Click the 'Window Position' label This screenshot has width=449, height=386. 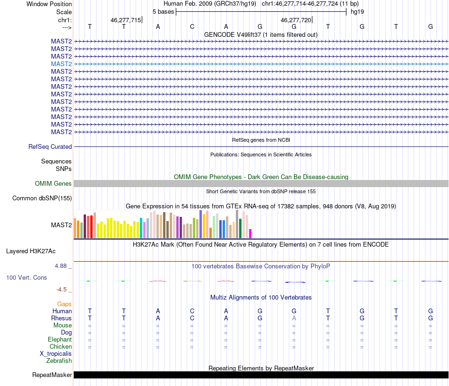pos(49,4)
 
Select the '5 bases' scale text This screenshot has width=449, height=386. pos(163,11)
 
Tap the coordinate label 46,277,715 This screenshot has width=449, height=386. pos(125,20)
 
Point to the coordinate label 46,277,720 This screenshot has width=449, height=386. pos(295,20)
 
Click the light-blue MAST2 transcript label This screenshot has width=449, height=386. pos(61,64)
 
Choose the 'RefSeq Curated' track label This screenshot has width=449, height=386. pos(50,147)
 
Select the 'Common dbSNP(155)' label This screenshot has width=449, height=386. pos(42,198)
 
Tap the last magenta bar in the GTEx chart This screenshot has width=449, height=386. pos(250,233)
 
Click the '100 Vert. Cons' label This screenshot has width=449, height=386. pos(26,278)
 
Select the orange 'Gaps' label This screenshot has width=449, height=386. pos(64,304)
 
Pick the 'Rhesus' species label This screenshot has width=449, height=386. pos(61,318)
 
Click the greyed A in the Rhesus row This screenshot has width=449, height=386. pos(294,318)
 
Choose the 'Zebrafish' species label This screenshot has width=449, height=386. pos(59,361)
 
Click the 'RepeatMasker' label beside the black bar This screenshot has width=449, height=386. pos(52,375)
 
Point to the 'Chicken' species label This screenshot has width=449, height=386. pos(60,347)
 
